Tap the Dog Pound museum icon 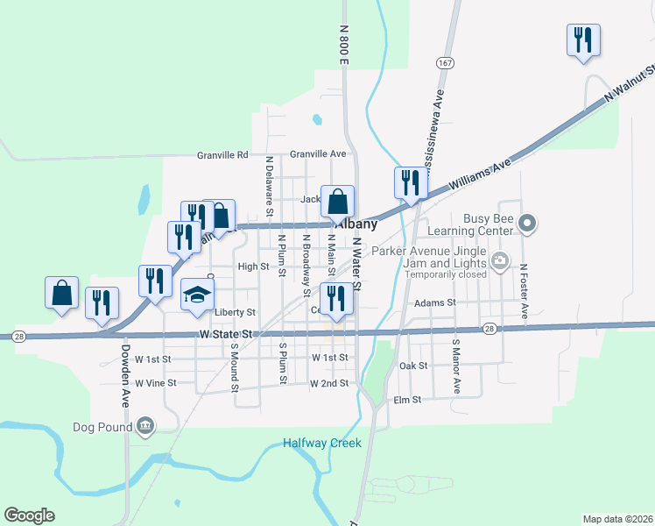pyautogui.click(x=146, y=427)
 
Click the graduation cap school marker pyautogui.click(x=198, y=295)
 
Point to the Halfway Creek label pyautogui.click(x=321, y=444)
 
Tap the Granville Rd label pyautogui.click(x=222, y=154)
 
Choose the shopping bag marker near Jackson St pyautogui.click(x=337, y=202)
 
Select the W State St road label pyautogui.click(x=226, y=335)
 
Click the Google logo pyautogui.click(x=29, y=515)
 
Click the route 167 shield pyautogui.click(x=446, y=63)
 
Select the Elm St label pyautogui.click(x=408, y=399)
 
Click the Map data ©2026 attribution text pyautogui.click(x=617, y=518)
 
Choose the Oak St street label pyautogui.click(x=413, y=366)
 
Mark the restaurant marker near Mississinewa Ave pyautogui.click(x=409, y=182)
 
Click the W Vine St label pyautogui.click(x=155, y=383)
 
